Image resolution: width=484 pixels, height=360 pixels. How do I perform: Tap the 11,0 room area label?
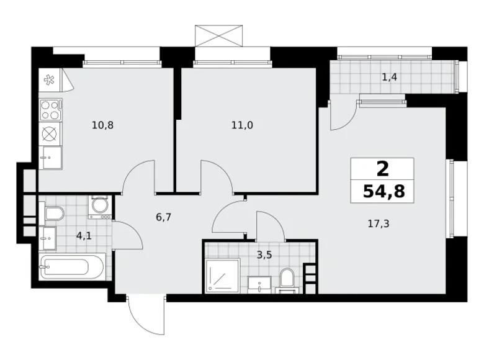point(241,125)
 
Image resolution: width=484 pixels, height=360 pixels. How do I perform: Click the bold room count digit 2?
point(383,168)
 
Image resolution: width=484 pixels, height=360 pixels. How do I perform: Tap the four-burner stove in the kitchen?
point(50,110)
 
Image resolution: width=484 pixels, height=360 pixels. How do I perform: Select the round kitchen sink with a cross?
point(50,133)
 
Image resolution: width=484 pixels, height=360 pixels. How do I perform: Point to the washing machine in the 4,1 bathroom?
point(99,207)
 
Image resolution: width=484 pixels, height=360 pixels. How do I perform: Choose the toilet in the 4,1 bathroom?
point(54,215)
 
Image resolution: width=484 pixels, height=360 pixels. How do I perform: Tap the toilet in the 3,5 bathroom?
point(287,279)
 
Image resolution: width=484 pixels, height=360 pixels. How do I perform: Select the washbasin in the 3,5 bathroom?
point(259,283)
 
